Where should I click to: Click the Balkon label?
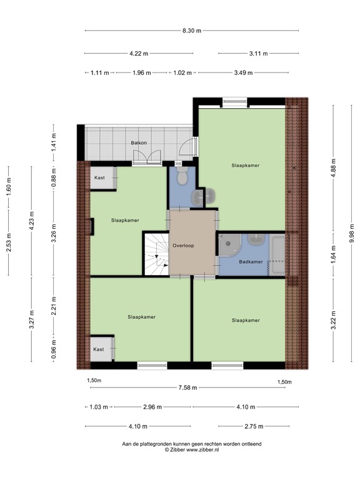[139, 143]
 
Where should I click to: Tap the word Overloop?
[183, 246]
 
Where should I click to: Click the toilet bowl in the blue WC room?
[182, 178]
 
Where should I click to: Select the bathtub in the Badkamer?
[276, 254]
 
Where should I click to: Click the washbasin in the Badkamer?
[256, 239]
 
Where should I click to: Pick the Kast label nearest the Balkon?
[99, 177]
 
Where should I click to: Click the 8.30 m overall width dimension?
[191, 31]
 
